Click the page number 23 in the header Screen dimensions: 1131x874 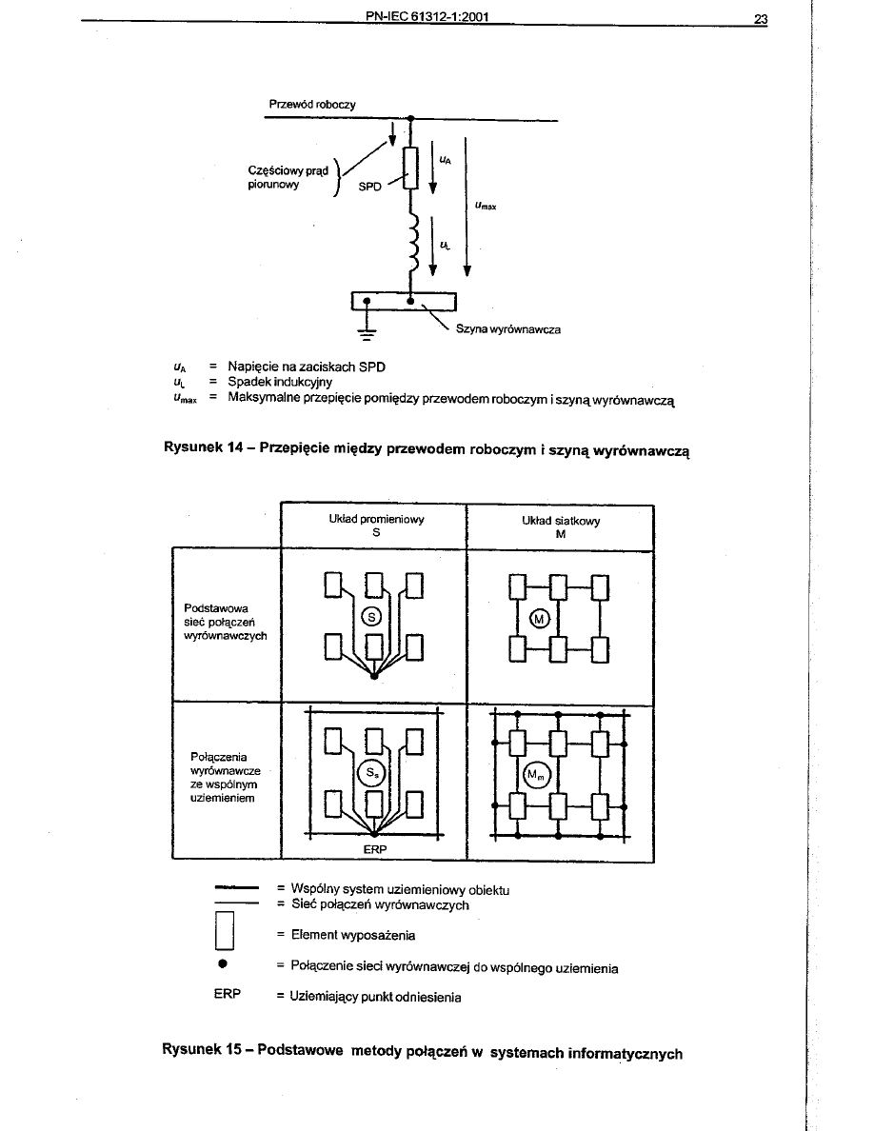click(760, 18)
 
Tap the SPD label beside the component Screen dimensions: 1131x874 click(369, 188)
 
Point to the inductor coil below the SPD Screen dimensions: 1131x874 click(411, 242)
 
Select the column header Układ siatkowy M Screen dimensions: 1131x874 click(561, 526)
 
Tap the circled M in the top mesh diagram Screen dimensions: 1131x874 click(540, 620)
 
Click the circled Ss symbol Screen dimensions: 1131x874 click(373, 773)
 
